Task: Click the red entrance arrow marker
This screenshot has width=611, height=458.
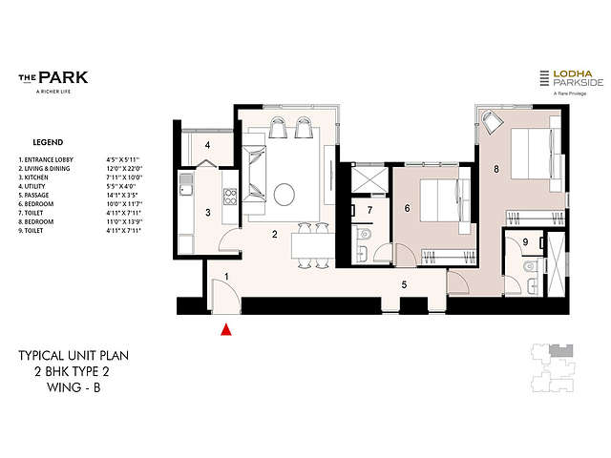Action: pos(226,330)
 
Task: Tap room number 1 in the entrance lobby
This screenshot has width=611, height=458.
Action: pos(226,277)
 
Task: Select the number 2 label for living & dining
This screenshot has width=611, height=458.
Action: pos(274,234)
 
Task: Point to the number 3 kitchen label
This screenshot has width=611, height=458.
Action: pos(207,212)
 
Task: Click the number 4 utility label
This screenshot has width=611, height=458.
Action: pos(207,146)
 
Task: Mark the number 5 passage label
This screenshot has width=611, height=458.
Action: pos(404,284)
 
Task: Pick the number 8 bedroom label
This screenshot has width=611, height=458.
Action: pos(495,170)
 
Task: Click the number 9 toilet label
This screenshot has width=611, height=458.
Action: pos(525,242)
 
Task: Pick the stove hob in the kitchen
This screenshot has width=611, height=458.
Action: pos(230,198)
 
